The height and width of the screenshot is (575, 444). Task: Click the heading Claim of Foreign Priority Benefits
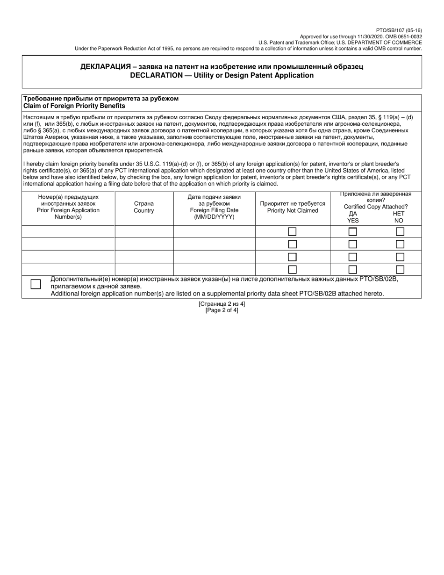(x=74, y=106)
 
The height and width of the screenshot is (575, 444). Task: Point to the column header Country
(x=144, y=211)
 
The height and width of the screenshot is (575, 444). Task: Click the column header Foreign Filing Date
(x=214, y=210)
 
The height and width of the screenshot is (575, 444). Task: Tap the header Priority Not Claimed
(x=293, y=211)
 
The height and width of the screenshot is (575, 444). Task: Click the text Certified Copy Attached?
(x=376, y=207)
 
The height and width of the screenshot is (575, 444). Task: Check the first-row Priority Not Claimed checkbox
(x=292, y=231)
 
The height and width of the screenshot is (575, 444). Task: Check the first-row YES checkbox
(x=353, y=231)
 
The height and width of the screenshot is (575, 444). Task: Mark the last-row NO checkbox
(x=400, y=269)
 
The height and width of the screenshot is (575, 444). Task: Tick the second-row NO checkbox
(x=400, y=244)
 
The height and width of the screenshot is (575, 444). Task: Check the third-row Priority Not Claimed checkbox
(x=292, y=257)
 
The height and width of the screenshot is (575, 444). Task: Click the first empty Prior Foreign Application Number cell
(x=68, y=231)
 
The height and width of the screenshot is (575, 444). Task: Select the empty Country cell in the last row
(x=144, y=269)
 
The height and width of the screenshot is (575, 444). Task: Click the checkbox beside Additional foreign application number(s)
(x=36, y=284)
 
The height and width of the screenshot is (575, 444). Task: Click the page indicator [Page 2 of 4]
(x=222, y=310)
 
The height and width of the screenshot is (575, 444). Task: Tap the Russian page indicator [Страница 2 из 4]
(x=222, y=304)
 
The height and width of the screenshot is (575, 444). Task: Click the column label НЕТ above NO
(x=399, y=214)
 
